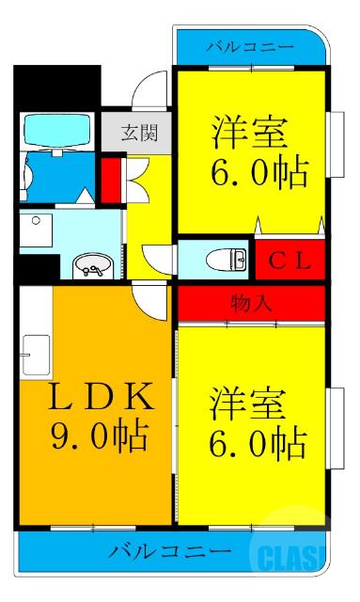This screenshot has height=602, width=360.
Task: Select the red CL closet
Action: pos(289,259)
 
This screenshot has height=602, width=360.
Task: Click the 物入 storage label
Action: pos(251,303)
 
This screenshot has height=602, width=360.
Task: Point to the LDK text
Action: pos(89,397)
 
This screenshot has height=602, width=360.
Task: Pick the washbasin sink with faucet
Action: pos(93,264)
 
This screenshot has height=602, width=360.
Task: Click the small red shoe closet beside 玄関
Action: pos(110,177)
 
